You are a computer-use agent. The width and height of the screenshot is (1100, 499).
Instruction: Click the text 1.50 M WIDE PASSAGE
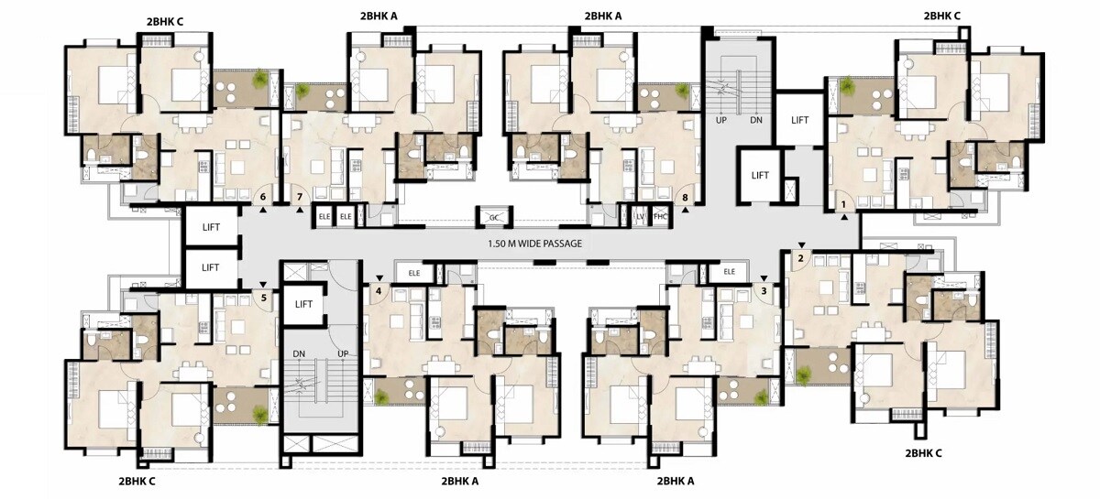535,244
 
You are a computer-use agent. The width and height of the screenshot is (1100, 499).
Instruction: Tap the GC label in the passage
494,217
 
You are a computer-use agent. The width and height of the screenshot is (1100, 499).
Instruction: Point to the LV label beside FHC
641,216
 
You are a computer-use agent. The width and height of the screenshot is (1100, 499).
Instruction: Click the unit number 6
263,197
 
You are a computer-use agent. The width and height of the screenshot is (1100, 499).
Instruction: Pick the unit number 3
764,291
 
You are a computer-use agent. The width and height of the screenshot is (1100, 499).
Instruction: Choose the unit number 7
299,197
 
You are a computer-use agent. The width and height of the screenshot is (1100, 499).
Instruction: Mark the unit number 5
263,297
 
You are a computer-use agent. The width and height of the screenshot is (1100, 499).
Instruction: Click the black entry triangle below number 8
685,210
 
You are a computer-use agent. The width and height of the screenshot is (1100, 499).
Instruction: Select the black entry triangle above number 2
800,245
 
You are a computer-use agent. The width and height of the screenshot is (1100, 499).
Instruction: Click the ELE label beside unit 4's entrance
414,272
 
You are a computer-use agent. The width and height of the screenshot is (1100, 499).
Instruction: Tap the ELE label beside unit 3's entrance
730,272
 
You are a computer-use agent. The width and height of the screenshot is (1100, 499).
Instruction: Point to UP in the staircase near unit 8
721,120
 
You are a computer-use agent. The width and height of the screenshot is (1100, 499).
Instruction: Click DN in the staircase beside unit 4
299,354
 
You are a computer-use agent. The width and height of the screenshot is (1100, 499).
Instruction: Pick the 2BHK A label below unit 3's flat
676,481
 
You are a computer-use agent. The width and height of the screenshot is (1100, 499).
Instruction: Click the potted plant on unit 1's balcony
847,87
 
